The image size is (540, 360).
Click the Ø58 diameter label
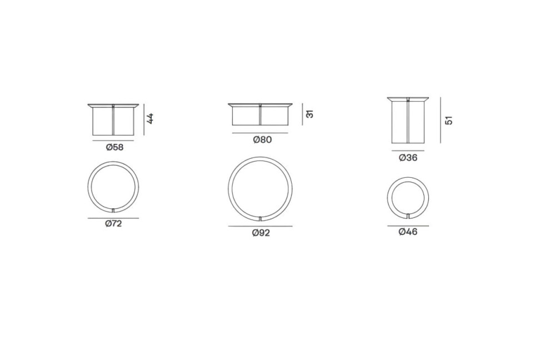[114, 147]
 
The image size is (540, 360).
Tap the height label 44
[150, 118]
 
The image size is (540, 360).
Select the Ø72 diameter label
[114, 223]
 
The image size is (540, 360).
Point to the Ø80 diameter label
[262, 139]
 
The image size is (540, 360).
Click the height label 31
[310, 114]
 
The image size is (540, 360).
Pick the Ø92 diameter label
[261, 233]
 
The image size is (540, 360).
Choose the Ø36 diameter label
[408, 158]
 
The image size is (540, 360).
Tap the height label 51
[449, 121]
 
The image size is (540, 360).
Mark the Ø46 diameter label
[408, 232]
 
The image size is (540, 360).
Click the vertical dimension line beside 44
[143, 119]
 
